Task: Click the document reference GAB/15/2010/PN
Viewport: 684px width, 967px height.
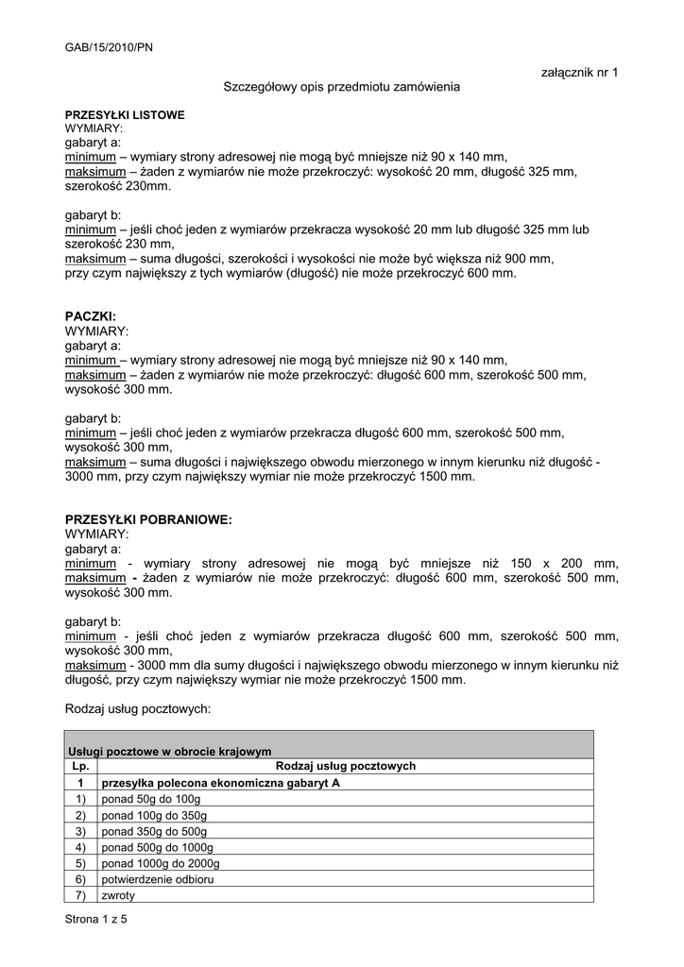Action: pyautogui.click(x=109, y=45)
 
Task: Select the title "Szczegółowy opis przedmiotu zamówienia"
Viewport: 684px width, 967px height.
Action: pyautogui.click(x=341, y=87)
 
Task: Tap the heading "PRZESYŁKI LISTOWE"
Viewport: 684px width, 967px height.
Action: pyautogui.click(x=125, y=115)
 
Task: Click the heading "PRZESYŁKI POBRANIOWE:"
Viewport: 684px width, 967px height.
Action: pyautogui.click(x=148, y=520)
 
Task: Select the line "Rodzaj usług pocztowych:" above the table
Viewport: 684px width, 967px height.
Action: pyautogui.click(x=138, y=707)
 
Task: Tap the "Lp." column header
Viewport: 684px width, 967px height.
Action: pyautogui.click(x=80, y=767)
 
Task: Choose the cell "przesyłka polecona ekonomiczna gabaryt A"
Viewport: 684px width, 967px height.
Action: pyautogui.click(x=220, y=783)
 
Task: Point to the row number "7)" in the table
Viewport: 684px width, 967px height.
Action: pyautogui.click(x=80, y=895)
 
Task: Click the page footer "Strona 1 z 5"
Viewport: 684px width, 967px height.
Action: pyautogui.click(x=95, y=920)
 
